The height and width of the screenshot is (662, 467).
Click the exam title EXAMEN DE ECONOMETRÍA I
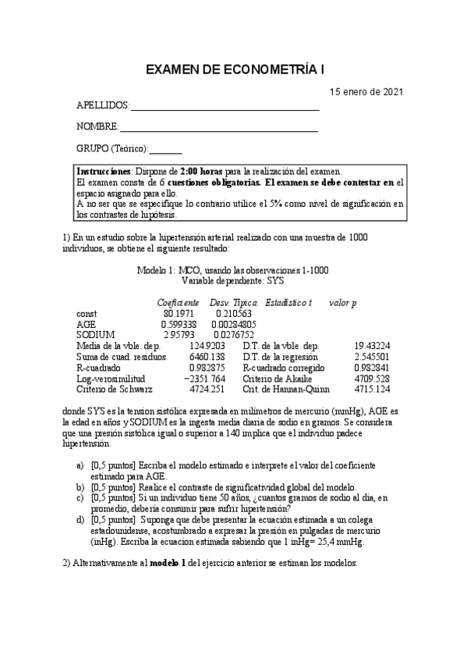[236, 70]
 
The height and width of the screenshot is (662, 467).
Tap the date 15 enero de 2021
[366, 91]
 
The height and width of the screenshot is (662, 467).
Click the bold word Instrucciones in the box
[103, 172]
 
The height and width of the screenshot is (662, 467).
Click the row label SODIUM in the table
[94, 334]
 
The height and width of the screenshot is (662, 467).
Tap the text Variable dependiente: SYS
[232, 280]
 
